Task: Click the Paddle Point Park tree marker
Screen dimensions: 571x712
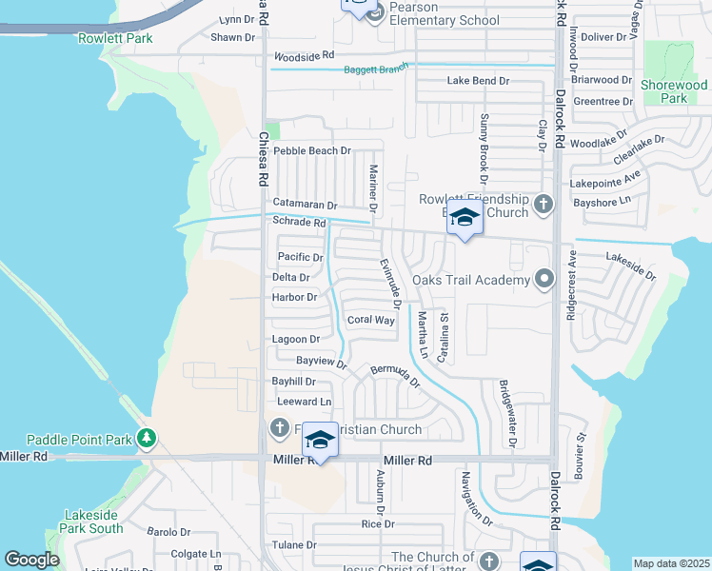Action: (146, 439)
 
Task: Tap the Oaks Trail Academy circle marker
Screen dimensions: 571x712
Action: (544, 280)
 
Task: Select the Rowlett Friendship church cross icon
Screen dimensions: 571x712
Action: (543, 203)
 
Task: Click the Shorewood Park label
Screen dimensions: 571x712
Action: (675, 91)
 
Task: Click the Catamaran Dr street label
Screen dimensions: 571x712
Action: (305, 205)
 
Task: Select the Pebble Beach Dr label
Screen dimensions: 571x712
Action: (312, 150)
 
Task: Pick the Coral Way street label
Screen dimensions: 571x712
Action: (370, 320)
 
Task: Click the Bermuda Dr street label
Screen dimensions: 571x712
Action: (395, 375)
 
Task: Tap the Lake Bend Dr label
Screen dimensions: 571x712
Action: (478, 81)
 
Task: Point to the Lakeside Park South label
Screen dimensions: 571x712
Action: (93, 522)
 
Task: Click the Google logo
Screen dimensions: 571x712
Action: (31, 561)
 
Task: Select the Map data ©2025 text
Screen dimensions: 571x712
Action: (671, 563)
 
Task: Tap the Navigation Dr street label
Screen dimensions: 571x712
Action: (476, 499)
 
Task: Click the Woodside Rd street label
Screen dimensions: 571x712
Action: (305, 57)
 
